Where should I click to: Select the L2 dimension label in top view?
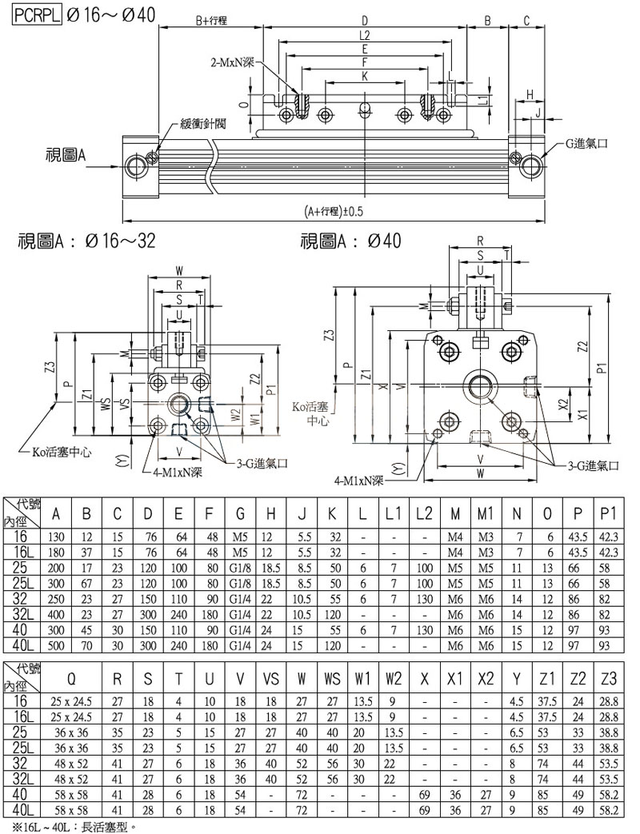tap(365, 35)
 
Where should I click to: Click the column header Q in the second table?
tap(73, 680)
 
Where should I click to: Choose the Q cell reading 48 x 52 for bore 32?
tap(73, 763)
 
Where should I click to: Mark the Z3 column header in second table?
tap(609, 680)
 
